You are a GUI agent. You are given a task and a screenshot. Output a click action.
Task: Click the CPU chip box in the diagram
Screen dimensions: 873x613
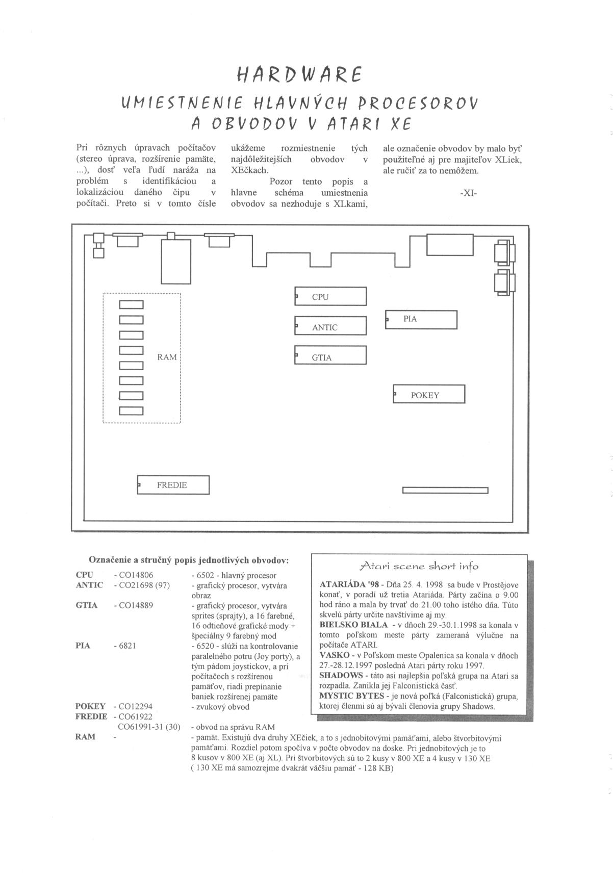330,296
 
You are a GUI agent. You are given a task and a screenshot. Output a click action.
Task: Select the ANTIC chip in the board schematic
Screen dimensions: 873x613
330,326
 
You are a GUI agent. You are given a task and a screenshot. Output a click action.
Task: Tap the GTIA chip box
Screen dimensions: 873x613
330,356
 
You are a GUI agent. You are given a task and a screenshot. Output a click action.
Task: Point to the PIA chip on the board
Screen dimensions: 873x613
421,320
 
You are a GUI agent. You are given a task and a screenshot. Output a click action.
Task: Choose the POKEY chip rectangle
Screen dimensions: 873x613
429,394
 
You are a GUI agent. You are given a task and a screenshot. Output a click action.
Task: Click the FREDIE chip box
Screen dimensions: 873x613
173,485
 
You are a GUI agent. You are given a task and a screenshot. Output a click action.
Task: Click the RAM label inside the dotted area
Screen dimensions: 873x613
167,357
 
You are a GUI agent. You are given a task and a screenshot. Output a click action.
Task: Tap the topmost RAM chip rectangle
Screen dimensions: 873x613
131,305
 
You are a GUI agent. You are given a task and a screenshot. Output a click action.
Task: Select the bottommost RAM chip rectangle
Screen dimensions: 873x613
131,411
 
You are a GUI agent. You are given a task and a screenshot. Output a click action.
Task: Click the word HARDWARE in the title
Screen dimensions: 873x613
299,75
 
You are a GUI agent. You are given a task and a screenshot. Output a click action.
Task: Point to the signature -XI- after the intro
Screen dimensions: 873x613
468,193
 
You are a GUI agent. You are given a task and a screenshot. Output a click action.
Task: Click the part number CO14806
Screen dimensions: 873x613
136,575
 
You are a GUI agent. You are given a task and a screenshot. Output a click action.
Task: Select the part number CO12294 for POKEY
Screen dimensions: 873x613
135,706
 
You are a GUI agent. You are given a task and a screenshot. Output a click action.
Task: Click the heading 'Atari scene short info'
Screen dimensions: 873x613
419,566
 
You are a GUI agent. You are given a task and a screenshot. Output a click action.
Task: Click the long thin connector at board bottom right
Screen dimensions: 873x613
445,491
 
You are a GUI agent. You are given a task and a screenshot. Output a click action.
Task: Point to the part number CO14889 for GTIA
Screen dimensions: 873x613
136,605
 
